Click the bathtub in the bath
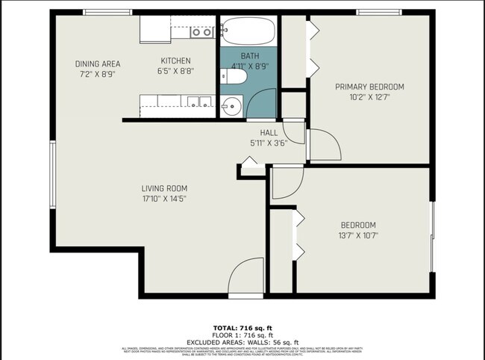coord(248,31)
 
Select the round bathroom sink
coord(233,105)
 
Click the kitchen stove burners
coord(199,32)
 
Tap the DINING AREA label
coord(98,63)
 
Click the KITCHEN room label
coord(176,61)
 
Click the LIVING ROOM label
coord(165,188)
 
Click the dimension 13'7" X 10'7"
coord(358,236)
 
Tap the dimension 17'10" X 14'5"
coord(165,199)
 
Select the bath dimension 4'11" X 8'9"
coord(250,66)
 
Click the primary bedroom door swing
coord(323,143)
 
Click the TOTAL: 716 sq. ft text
coord(242,328)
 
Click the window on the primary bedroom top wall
coord(378,12)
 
